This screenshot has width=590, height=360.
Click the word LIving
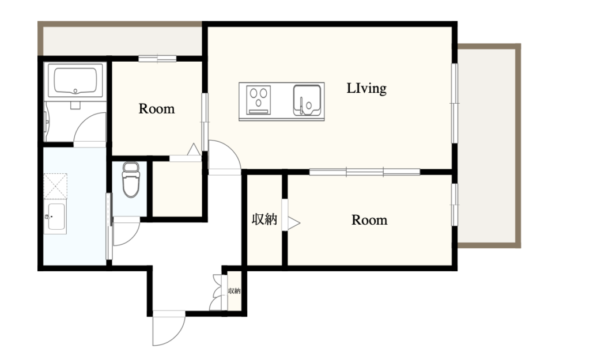(x=366, y=88)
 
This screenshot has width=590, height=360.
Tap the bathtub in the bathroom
(x=75, y=80)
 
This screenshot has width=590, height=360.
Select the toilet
(x=131, y=180)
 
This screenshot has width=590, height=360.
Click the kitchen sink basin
(x=307, y=100)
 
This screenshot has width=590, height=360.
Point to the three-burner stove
(x=258, y=100)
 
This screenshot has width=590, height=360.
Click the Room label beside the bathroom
(x=157, y=109)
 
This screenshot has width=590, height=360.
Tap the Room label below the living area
(x=369, y=220)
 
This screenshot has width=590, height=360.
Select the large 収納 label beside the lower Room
(x=264, y=219)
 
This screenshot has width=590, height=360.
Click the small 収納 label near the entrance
(x=234, y=291)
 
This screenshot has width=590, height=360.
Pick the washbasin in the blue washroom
(x=55, y=217)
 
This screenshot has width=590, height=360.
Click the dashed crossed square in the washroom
(x=55, y=186)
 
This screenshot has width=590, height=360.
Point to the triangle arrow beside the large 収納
(x=294, y=223)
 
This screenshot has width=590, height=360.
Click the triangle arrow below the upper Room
(x=194, y=149)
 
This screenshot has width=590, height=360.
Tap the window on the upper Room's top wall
(x=157, y=59)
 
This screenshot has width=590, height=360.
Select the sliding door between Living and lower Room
(x=365, y=172)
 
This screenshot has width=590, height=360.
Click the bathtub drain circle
(x=75, y=90)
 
